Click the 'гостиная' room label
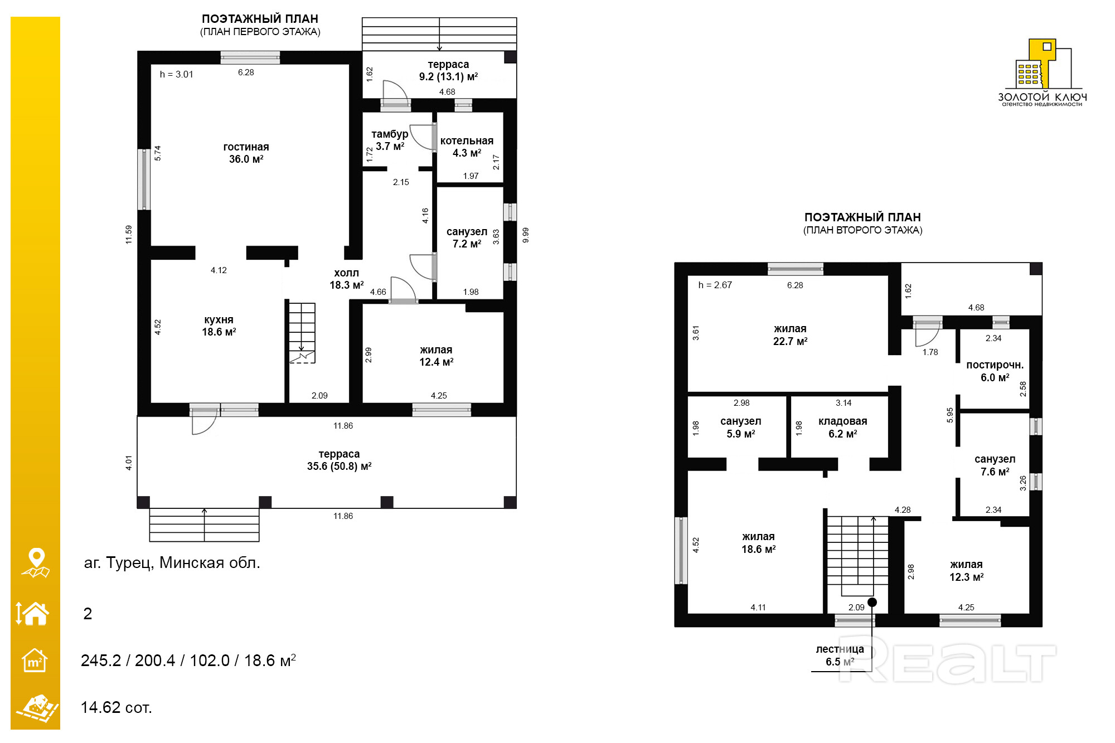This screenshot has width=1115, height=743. coord(246,147)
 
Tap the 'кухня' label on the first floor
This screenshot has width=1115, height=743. coord(219,320)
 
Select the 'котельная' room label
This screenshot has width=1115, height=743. coord(467,141)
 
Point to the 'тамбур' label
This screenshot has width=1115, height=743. coord(390,134)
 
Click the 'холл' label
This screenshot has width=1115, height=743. coord(346,273)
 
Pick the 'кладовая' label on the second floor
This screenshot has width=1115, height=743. coord(842,421)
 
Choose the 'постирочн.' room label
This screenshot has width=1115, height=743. coord(995,365)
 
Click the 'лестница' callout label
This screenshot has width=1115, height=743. coord(840,649)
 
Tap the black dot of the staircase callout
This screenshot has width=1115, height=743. coord(872,602)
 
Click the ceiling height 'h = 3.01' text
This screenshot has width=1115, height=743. coord(176,74)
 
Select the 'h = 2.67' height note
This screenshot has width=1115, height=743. coord(715,285)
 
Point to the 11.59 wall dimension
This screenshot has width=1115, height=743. coord(129,234)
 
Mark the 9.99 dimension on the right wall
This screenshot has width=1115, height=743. coord(525,235)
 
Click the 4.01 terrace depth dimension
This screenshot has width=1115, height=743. coord(129,463)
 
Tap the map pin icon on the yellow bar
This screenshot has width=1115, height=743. coord(36,563)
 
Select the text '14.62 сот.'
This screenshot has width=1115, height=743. coord(117,707)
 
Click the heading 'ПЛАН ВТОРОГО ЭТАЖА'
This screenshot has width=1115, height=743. coord(863,230)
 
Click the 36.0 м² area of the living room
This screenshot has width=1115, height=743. coord(246,159)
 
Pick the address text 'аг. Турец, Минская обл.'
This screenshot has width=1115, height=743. coord(172,563)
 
